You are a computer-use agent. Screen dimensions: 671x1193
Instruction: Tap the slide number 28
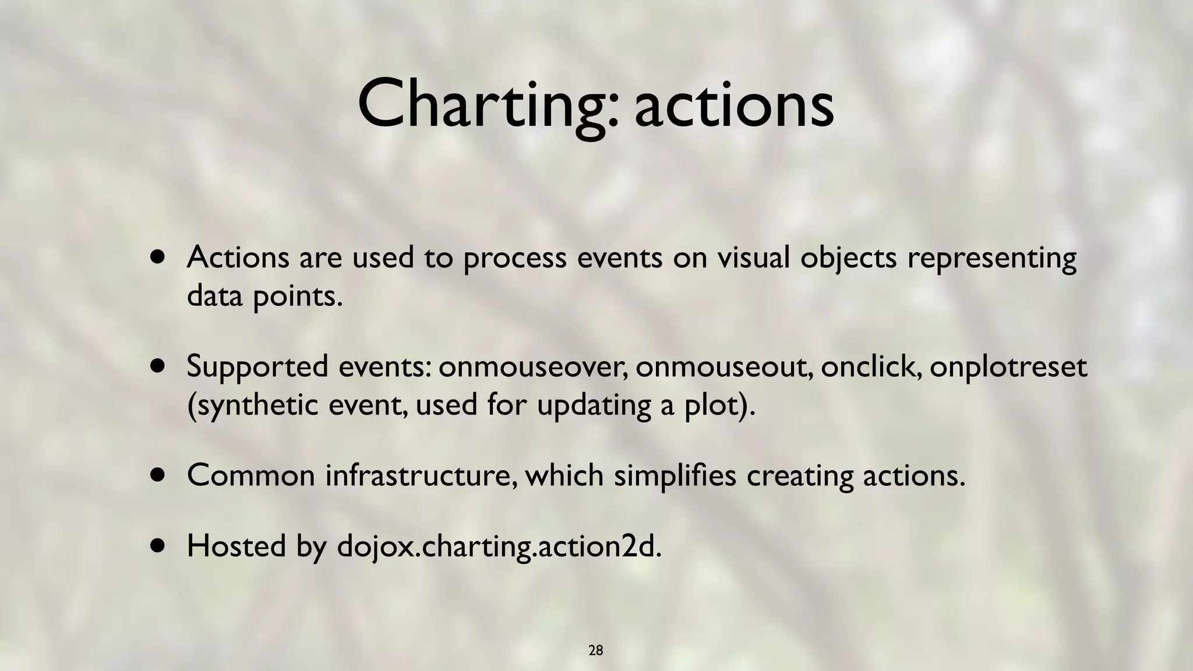click(595, 651)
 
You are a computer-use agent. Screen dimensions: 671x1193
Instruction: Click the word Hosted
click(236, 546)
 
